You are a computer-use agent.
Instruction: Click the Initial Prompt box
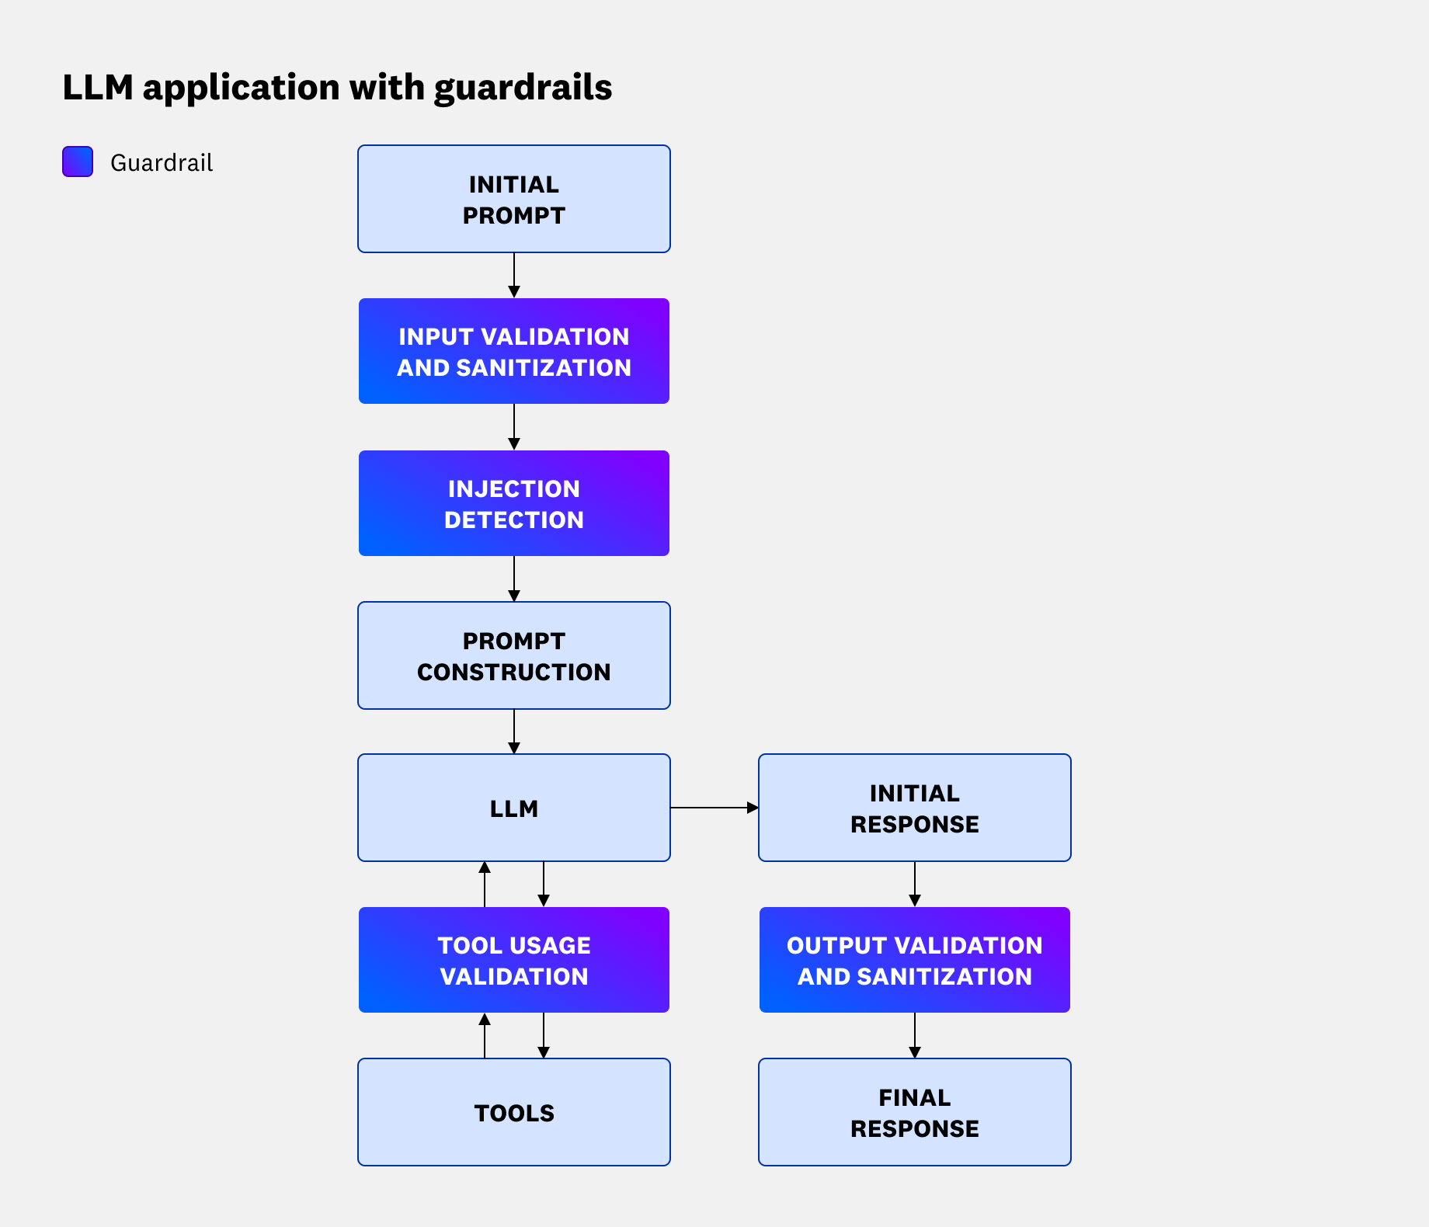(513, 199)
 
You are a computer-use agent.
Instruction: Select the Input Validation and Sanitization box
(513, 351)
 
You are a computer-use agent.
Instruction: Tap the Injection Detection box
(513, 503)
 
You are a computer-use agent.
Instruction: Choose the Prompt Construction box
(513, 655)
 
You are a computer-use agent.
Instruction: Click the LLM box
(513, 808)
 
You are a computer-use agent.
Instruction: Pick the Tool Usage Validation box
(513, 960)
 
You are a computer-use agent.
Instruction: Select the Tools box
(513, 1112)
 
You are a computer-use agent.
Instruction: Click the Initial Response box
(914, 808)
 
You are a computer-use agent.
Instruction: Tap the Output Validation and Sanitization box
(914, 960)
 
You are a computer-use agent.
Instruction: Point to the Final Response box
(914, 1112)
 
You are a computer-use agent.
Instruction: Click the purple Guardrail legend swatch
(78, 162)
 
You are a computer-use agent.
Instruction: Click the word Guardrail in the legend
(162, 163)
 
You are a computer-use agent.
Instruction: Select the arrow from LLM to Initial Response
(714, 808)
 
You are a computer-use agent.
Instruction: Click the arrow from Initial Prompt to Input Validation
(513, 276)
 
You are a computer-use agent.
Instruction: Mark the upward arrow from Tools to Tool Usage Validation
(485, 1036)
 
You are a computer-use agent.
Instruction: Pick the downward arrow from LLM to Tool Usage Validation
(544, 884)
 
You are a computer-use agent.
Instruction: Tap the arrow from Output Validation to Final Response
(914, 1036)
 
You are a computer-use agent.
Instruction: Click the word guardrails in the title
(523, 88)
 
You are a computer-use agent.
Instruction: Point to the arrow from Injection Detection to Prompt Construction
(513, 579)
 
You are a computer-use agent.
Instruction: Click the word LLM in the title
(98, 88)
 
